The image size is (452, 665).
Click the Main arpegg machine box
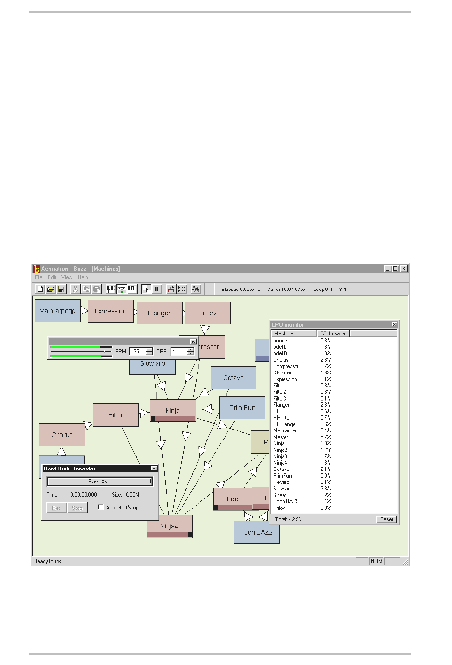(58, 311)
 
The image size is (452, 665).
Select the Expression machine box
(110, 311)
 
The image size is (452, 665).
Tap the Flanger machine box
(159, 313)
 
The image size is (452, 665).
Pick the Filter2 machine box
(207, 313)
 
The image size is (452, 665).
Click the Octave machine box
(233, 378)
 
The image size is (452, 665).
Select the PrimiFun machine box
(242, 408)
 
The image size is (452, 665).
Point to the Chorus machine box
(62, 435)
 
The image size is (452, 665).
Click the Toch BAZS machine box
(256, 532)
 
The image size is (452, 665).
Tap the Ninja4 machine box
(169, 526)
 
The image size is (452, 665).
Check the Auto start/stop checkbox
(101, 508)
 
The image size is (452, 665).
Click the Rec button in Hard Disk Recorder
(57, 508)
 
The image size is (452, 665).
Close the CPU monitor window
(394, 325)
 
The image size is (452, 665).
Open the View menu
(67, 278)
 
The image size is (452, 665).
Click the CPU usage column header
(333, 333)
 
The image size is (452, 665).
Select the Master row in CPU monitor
(281, 437)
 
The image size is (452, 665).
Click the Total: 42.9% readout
(288, 519)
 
